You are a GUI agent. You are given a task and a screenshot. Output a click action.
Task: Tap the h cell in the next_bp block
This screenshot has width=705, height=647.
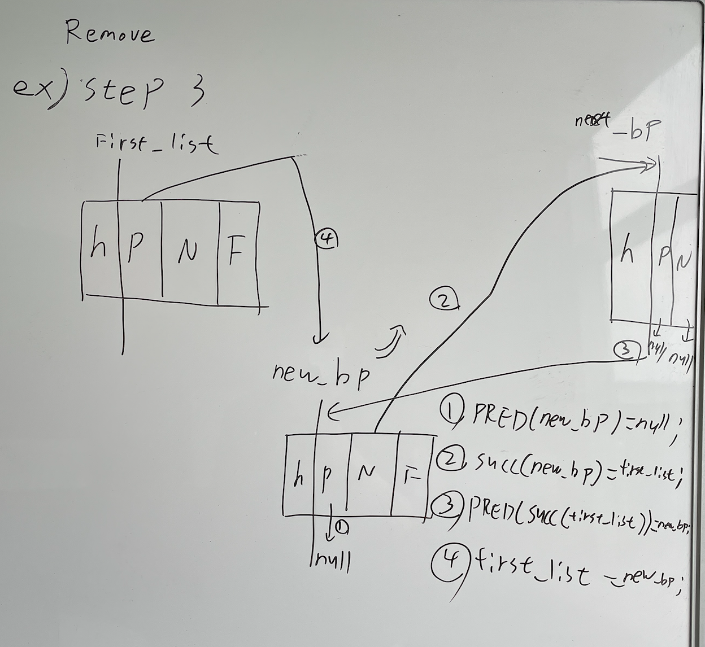coord(626,252)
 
